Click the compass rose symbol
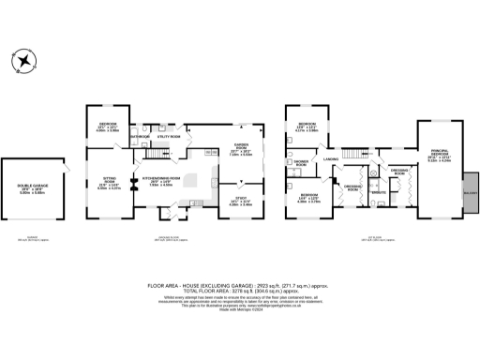point(25,60)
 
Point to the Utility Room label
point(169,137)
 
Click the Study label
point(241,197)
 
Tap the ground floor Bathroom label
point(141,137)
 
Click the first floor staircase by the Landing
point(351,152)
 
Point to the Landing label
point(331,160)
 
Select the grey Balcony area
point(470,190)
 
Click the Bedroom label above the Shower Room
point(306,125)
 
